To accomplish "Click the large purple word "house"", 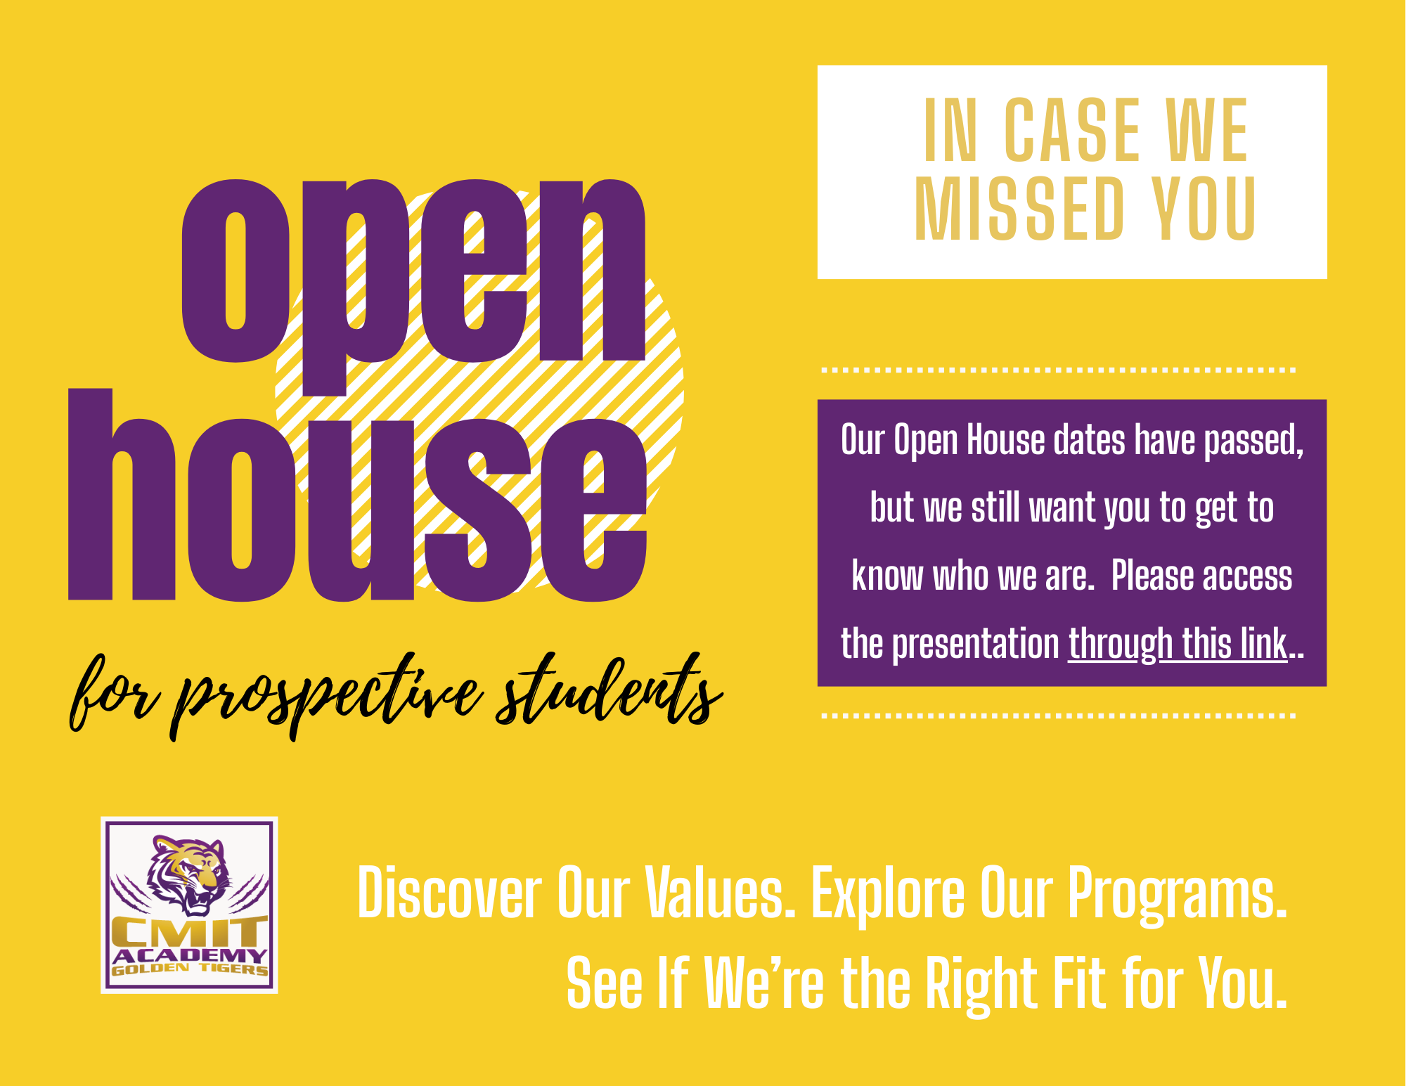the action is (357, 495).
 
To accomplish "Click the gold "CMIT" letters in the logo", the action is (189, 932).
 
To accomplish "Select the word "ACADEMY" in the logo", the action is (189, 956).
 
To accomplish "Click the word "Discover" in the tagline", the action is (449, 893).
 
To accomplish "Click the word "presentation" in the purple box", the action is (976, 645).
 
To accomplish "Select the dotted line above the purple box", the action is (1059, 369).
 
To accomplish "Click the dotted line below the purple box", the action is (1059, 716).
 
